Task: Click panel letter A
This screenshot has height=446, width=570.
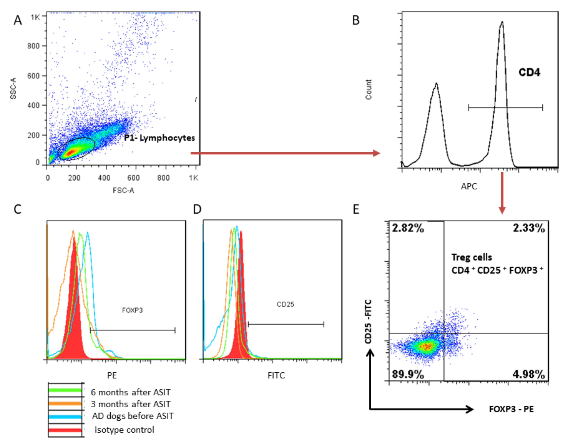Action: [x=18, y=20]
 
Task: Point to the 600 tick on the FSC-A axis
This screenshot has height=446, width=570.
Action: [x=133, y=178]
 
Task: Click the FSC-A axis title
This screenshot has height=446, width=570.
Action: [x=123, y=190]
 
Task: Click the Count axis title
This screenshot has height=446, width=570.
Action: [x=368, y=89]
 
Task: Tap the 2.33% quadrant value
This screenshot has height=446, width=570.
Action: [x=529, y=228]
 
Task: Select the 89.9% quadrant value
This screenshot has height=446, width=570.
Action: [x=408, y=374]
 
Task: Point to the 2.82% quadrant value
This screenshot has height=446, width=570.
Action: [x=408, y=228]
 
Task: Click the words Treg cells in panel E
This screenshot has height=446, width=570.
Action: [x=471, y=257]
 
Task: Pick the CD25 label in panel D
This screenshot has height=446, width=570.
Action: [x=285, y=304]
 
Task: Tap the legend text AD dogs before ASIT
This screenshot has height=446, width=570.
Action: [x=132, y=416]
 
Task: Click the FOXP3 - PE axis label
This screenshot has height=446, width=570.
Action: [x=511, y=409]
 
